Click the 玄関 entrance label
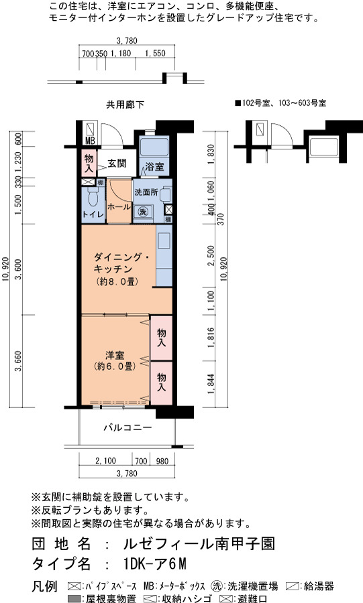click(x=117, y=163)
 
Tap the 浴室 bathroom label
click(x=154, y=167)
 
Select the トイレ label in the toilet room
click(x=93, y=214)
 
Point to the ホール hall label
click(x=119, y=206)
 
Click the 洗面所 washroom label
click(x=146, y=192)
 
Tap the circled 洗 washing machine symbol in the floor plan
click(x=143, y=212)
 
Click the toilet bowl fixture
click(x=93, y=197)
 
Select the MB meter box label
click(x=89, y=141)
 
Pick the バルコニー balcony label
click(x=127, y=427)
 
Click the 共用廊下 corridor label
click(x=125, y=105)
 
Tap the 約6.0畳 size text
click(x=115, y=366)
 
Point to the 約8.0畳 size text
click(x=117, y=281)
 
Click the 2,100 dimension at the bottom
click(x=105, y=460)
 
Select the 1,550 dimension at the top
click(x=155, y=53)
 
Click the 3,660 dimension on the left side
click(x=17, y=361)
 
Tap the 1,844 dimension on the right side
click(x=211, y=384)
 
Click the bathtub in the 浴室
click(x=154, y=147)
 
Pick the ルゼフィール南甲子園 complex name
click(x=199, y=544)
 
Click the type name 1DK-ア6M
click(x=155, y=563)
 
